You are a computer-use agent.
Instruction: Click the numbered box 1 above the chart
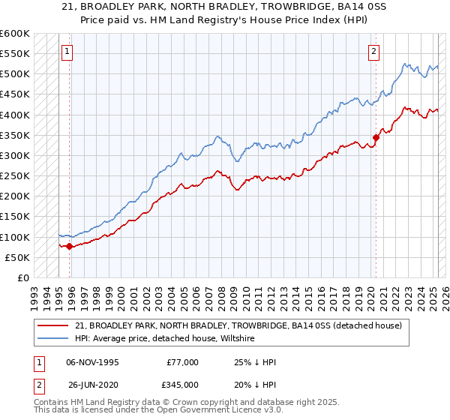click(x=67, y=52)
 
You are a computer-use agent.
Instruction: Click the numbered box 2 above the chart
click(x=373, y=52)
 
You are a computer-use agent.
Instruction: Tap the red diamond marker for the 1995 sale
click(x=70, y=246)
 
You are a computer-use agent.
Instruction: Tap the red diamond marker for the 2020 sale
click(x=376, y=137)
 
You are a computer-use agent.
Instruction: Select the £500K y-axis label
click(x=14, y=74)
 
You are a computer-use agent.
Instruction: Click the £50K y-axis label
click(x=17, y=258)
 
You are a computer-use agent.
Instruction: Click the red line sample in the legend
click(x=54, y=325)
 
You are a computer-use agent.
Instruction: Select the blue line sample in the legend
click(x=54, y=339)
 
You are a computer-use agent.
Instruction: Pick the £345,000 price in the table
click(x=183, y=385)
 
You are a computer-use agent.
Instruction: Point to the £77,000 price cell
click(x=183, y=362)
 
